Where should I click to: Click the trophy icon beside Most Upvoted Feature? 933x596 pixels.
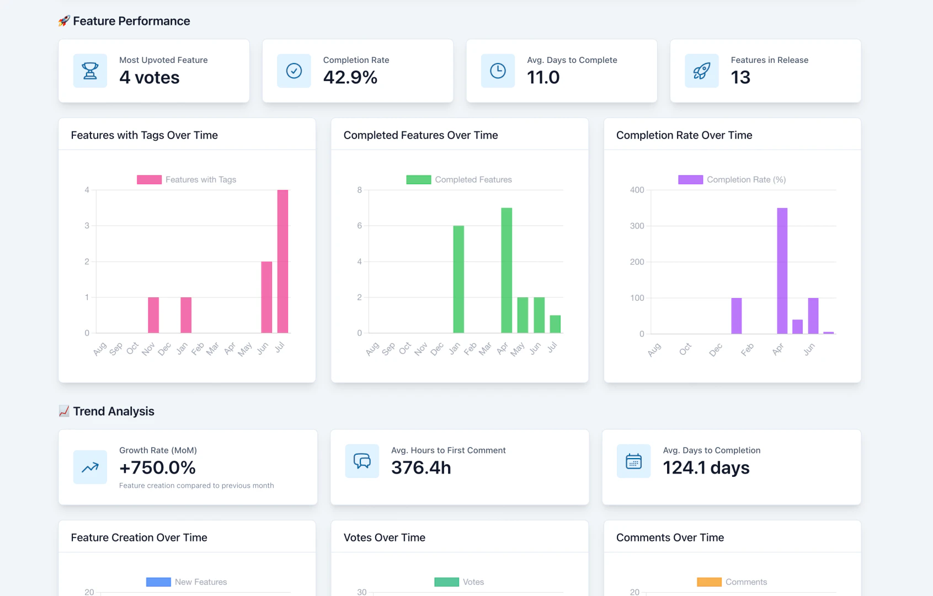pyautogui.click(x=90, y=71)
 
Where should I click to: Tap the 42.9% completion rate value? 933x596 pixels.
pyautogui.click(x=350, y=77)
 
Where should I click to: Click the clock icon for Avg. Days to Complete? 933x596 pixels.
pyautogui.click(x=498, y=71)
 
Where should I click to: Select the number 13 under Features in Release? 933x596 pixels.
pyautogui.click(x=740, y=77)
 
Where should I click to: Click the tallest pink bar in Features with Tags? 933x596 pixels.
pyautogui.click(x=282, y=262)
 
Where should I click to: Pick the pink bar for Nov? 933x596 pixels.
pyautogui.click(x=153, y=315)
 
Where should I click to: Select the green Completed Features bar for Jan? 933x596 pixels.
pyautogui.click(x=458, y=279)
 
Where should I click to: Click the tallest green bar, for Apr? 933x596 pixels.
pyautogui.click(x=507, y=270)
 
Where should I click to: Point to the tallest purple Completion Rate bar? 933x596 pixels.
pyautogui.click(x=782, y=270)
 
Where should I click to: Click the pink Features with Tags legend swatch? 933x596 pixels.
pyautogui.click(x=149, y=180)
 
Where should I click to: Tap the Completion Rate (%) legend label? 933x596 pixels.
pyautogui.click(x=746, y=180)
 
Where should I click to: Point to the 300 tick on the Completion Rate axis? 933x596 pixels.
pyautogui.click(x=637, y=226)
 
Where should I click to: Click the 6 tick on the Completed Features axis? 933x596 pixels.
pyautogui.click(x=360, y=226)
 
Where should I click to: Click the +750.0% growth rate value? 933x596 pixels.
pyautogui.click(x=157, y=467)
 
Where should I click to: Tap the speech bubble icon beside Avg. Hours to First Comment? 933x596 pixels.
pyautogui.click(x=362, y=461)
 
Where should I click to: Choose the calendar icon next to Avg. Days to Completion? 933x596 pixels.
pyautogui.click(x=633, y=461)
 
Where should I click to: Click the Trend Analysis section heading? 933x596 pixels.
pyautogui.click(x=113, y=411)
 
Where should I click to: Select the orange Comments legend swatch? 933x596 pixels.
pyautogui.click(x=709, y=582)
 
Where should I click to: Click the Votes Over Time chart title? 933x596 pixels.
pyautogui.click(x=384, y=538)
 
